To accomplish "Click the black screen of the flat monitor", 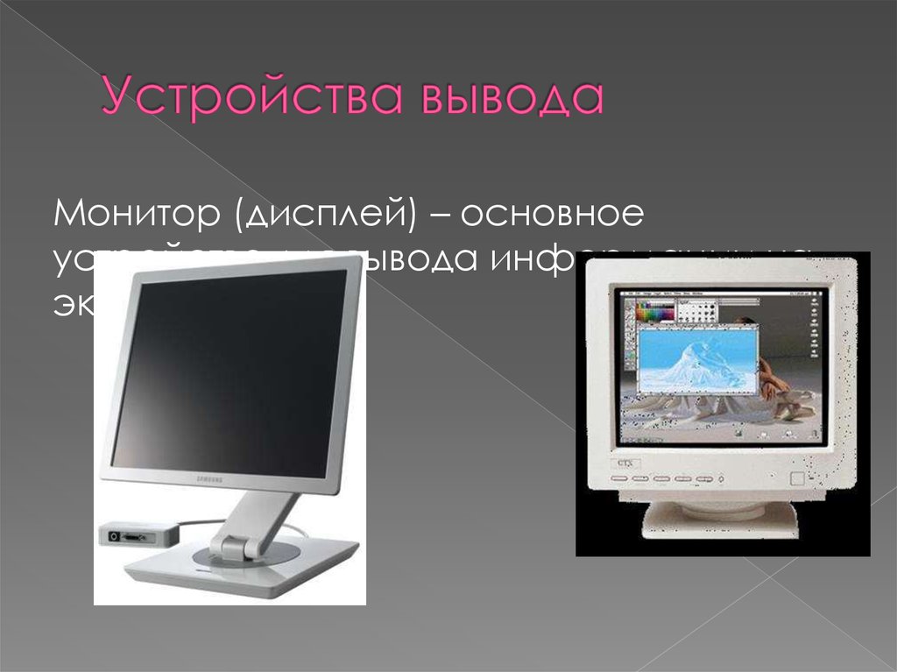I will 228,368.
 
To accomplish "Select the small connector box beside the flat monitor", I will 131,531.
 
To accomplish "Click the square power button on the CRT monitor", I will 796,479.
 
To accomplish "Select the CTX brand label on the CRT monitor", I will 624,461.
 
